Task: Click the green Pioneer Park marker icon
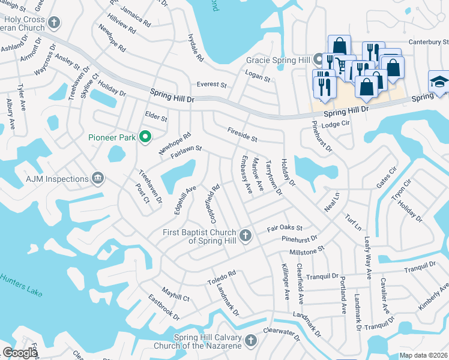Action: tap(145, 137)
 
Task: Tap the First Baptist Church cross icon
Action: tap(245, 235)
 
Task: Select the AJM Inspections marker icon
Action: tap(98, 178)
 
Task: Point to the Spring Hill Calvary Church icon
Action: tap(251, 341)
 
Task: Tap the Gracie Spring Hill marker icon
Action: tap(318, 60)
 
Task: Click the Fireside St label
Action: tap(243, 134)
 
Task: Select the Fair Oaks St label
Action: tap(285, 229)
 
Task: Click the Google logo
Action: tap(20, 353)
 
